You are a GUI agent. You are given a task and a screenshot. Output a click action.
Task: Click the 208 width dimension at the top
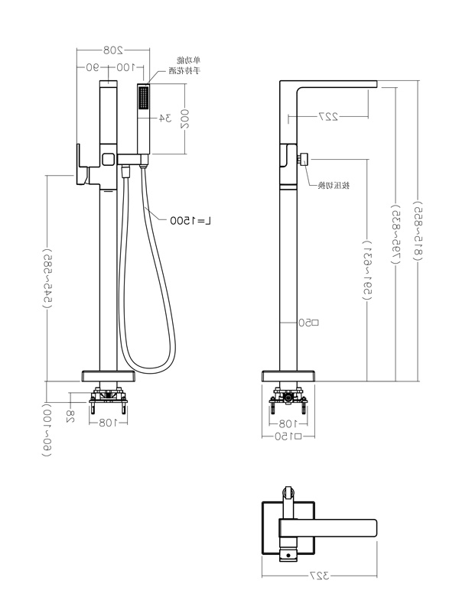coord(113,50)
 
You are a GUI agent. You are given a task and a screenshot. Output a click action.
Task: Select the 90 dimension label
coord(93,67)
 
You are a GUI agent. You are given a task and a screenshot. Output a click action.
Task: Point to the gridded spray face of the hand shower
coord(143,99)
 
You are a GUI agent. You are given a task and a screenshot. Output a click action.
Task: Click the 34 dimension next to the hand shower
coord(164,118)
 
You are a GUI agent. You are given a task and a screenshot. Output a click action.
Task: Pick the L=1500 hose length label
coord(191,220)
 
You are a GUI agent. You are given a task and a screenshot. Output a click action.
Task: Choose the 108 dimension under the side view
coord(288,423)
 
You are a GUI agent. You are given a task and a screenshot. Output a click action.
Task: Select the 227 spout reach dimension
coord(329,117)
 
